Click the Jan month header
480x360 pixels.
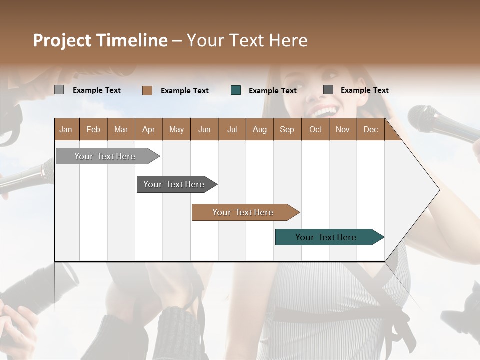[66, 130]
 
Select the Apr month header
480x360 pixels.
[148, 130]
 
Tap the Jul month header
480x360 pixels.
[232, 130]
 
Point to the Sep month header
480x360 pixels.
[287, 130]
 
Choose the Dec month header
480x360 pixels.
[370, 130]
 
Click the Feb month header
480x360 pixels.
[93, 130]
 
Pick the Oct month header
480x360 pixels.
[315, 130]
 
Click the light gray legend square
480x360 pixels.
[59, 90]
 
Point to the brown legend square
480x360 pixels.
[147, 90]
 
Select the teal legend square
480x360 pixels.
[236, 90]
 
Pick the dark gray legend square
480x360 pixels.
[328, 90]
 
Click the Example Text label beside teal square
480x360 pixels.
[272, 91]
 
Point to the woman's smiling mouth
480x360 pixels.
[325, 111]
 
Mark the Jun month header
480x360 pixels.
[204, 130]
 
